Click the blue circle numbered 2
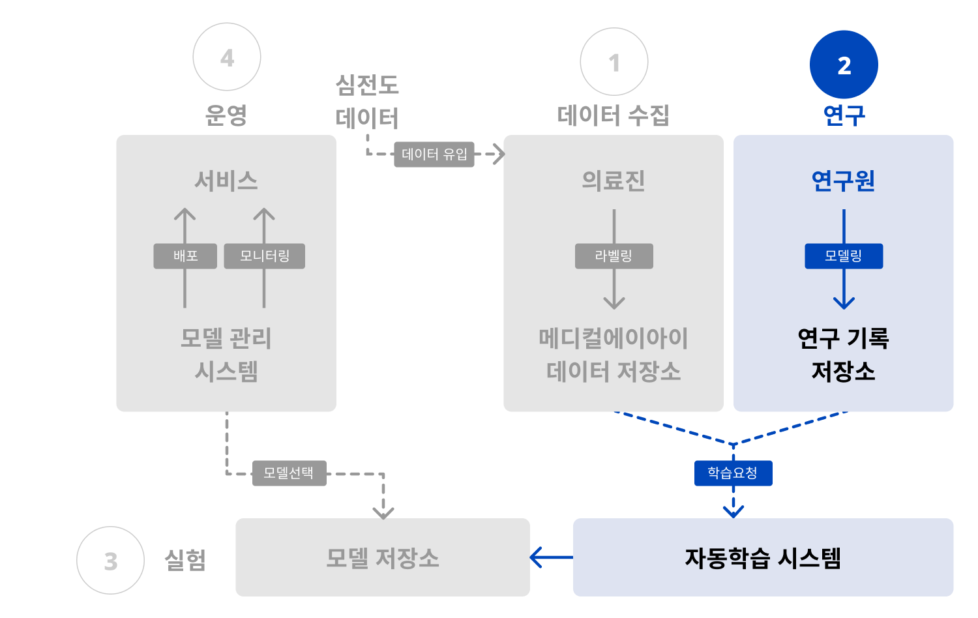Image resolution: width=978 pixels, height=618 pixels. click(844, 65)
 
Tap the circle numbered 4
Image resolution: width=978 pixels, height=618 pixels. click(227, 57)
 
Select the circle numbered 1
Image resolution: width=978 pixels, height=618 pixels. click(614, 62)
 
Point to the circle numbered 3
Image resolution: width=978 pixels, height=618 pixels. click(110, 561)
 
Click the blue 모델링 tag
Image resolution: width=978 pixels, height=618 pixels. click(844, 256)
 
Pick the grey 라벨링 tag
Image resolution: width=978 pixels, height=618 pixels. click(614, 256)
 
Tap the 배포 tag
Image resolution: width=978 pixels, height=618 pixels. click(185, 256)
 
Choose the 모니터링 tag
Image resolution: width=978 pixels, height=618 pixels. click(264, 256)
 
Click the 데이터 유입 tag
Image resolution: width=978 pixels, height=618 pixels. click(434, 154)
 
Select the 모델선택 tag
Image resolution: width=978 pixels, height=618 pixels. click(289, 473)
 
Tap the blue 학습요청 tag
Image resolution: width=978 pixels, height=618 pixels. click(733, 473)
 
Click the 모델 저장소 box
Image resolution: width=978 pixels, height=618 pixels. click(383, 557)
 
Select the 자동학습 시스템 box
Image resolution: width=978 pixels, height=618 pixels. click(763, 557)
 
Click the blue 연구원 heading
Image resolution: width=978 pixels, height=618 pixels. click(843, 181)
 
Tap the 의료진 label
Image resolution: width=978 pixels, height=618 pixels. click(614, 181)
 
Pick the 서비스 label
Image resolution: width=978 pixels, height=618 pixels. click(226, 181)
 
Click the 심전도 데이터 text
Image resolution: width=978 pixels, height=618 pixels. click(367, 102)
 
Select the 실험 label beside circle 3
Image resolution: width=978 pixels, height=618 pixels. click(185, 560)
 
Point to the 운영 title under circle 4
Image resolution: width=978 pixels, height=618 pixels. click(226, 115)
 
